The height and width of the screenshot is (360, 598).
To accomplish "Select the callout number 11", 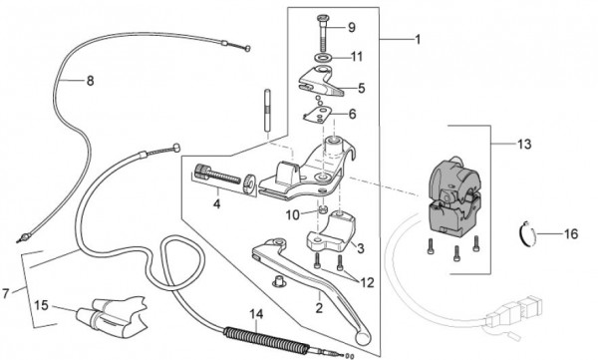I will pos(357,57).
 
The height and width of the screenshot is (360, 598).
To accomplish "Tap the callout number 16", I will pos(570,235).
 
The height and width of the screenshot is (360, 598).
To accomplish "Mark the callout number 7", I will pos(9,293).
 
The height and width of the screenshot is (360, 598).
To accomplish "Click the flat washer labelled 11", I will pos(325,60).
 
